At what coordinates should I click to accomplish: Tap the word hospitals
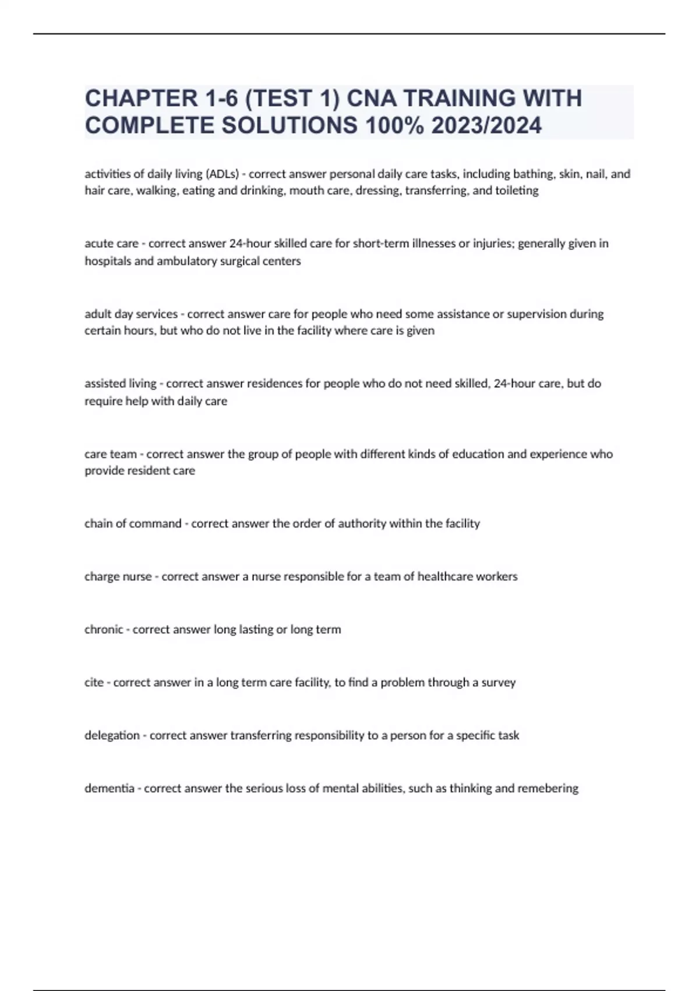point(108,261)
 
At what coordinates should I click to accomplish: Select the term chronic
point(104,630)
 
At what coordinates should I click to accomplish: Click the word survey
point(498,682)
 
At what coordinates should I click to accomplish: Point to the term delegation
point(112,735)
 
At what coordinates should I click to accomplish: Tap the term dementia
point(110,788)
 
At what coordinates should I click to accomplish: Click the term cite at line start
point(94,682)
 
